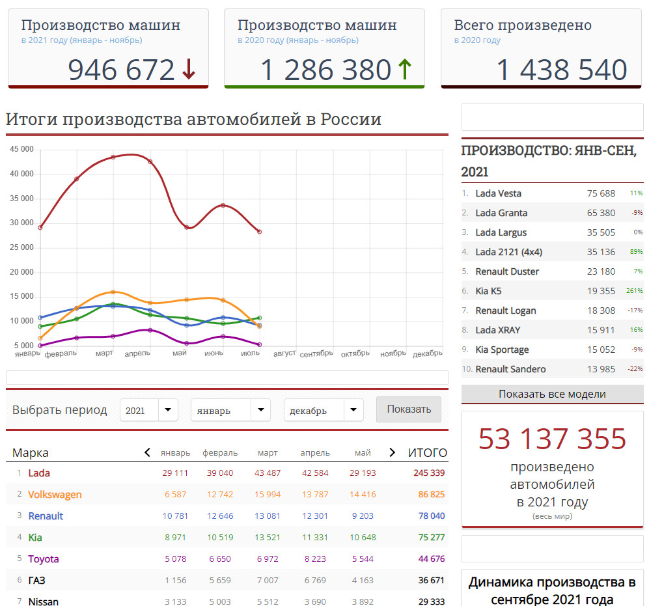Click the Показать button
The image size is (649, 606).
click(x=409, y=409)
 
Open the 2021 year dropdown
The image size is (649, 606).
click(x=149, y=410)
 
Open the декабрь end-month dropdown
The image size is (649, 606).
click(x=324, y=410)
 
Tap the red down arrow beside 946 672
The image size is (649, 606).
click(x=189, y=69)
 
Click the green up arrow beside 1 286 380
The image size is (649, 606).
click(x=405, y=69)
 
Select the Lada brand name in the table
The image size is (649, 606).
click(x=39, y=473)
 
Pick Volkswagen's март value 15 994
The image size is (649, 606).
click(x=268, y=494)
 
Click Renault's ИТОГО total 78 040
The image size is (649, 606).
click(x=432, y=516)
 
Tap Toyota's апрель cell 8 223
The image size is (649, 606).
click(x=315, y=559)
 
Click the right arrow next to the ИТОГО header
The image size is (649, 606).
click(x=393, y=452)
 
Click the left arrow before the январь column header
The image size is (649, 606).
click(x=147, y=452)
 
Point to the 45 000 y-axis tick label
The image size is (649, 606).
click(x=21, y=149)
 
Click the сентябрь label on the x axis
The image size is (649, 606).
click(x=316, y=354)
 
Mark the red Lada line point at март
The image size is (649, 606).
click(x=113, y=158)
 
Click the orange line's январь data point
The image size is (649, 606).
click(x=40, y=338)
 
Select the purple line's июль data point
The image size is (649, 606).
click(x=260, y=344)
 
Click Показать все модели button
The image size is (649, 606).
click(x=552, y=394)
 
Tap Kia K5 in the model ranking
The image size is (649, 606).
click(x=488, y=291)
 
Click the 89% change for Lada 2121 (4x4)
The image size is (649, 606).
click(x=636, y=252)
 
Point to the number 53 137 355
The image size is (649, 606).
click(x=552, y=439)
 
